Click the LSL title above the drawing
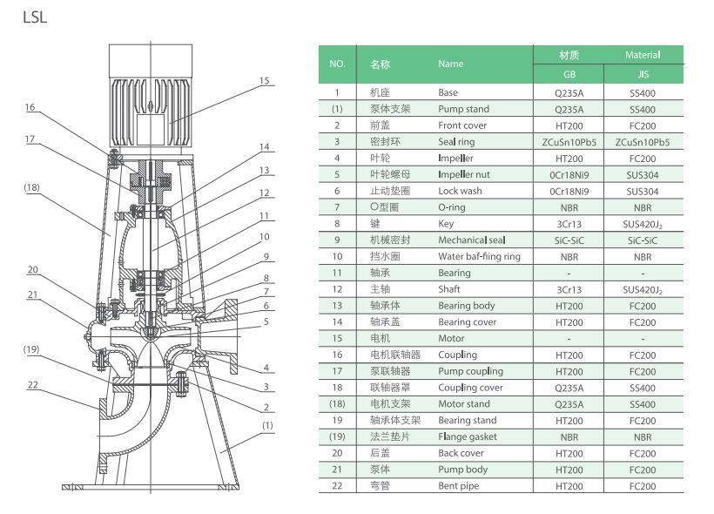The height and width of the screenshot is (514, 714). pos(36,17)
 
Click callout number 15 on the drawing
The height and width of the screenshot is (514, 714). pos(264,80)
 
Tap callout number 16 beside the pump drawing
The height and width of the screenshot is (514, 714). pos(30,107)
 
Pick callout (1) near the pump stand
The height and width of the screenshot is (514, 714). pos(267,425)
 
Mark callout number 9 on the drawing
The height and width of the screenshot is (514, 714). pos(265,257)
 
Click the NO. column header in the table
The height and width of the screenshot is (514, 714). pos(337,64)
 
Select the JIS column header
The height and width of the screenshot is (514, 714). pos(643,75)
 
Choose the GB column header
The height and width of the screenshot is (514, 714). pos(568,75)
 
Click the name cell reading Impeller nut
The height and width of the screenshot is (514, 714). pos(464,174)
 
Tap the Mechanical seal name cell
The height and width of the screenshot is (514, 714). pos(471,240)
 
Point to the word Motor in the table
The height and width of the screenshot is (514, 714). pos(451,338)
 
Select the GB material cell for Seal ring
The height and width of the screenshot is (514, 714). pos(568,141)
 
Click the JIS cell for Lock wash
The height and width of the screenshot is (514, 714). pos(643,191)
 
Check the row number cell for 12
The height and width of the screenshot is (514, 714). pos(337,289)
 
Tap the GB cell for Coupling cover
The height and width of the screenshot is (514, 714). pos(568,388)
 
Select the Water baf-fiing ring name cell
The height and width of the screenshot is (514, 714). pos(479,256)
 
